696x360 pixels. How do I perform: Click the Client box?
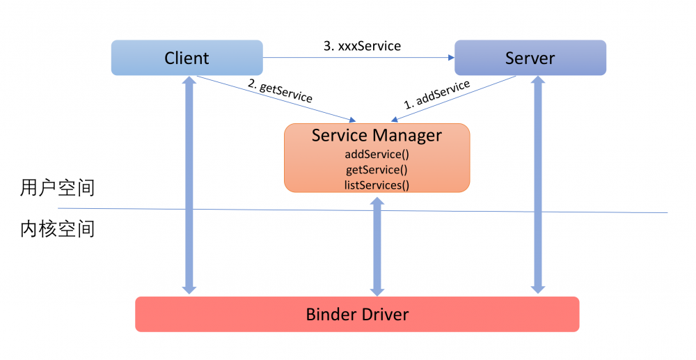click(x=187, y=58)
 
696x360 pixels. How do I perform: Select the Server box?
click(x=530, y=58)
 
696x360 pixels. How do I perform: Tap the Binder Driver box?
click(x=357, y=314)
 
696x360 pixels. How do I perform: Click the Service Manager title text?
click(x=377, y=135)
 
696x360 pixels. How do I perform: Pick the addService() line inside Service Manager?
click(x=377, y=154)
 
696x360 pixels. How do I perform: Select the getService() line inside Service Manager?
click(x=377, y=169)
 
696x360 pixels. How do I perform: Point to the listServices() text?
click(x=377, y=185)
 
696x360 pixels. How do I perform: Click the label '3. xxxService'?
click(x=362, y=46)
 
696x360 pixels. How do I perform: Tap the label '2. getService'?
click(x=280, y=91)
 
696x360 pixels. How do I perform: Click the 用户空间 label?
click(x=57, y=188)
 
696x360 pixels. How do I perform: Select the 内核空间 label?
click(x=57, y=229)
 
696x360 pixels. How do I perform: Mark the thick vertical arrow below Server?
click(x=537, y=209)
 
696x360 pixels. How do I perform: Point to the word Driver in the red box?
click(x=383, y=314)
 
